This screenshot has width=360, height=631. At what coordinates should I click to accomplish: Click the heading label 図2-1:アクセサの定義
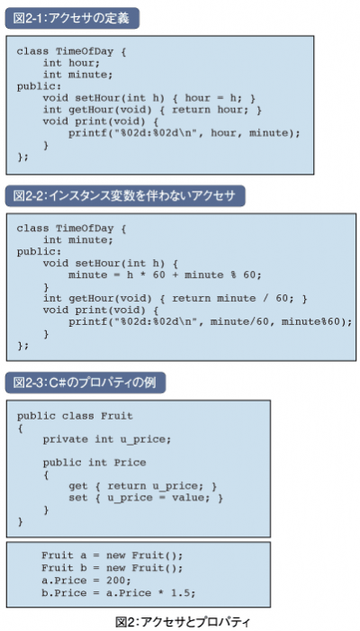(x=72, y=19)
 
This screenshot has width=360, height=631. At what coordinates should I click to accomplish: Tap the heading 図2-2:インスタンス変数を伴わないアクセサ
(x=125, y=196)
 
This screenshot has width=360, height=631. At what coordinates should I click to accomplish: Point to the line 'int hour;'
(x=71, y=63)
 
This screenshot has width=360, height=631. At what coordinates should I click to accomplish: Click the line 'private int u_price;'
(x=107, y=439)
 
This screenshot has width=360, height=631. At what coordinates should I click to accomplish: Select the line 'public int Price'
(x=94, y=463)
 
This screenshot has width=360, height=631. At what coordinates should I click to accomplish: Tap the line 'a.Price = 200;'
(x=86, y=581)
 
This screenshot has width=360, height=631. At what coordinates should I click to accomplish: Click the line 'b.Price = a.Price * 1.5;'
(x=118, y=593)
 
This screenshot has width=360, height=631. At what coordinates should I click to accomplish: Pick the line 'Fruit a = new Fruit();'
(x=112, y=555)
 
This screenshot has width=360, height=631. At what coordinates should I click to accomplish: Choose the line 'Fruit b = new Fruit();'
(x=112, y=568)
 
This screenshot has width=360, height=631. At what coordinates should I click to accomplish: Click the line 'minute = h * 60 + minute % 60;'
(x=165, y=275)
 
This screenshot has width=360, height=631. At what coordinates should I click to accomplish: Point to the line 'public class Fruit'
(x=75, y=416)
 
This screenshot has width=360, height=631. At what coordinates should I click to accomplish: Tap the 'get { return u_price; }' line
(x=143, y=486)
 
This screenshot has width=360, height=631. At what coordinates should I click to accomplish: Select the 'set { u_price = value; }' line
(x=146, y=498)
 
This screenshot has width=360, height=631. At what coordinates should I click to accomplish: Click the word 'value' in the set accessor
(x=188, y=498)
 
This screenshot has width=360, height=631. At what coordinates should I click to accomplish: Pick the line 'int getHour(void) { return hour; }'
(x=152, y=110)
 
